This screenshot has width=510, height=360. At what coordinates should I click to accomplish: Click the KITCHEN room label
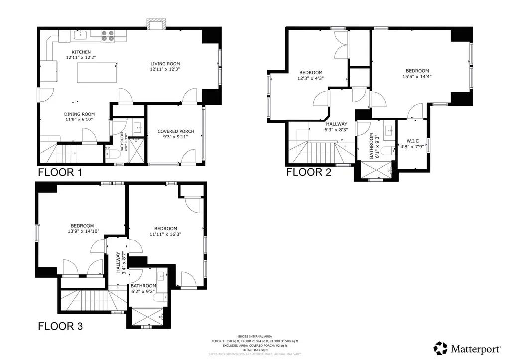(x=81, y=52)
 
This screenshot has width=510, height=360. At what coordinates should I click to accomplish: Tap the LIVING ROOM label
(x=165, y=64)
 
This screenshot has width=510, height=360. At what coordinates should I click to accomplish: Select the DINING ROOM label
(x=79, y=113)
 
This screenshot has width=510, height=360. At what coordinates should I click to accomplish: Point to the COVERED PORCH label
(x=176, y=131)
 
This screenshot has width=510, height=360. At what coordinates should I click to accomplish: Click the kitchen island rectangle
(x=97, y=74)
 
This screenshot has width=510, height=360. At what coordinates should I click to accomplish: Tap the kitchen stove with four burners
(x=107, y=36)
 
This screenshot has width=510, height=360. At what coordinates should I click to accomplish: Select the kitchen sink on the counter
(x=80, y=35)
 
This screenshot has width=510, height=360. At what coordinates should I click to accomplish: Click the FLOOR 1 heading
(x=60, y=173)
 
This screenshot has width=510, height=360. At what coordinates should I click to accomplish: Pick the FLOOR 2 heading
(x=308, y=172)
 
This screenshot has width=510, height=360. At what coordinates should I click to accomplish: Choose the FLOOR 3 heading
(x=60, y=327)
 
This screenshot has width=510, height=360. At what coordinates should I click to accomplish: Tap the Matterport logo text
(x=473, y=348)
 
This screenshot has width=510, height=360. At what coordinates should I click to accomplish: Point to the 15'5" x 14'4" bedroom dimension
(x=417, y=77)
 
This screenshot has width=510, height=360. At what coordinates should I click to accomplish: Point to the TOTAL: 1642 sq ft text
(x=255, y=350)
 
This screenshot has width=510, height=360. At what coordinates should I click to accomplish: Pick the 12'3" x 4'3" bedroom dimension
(x=311, y=78)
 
